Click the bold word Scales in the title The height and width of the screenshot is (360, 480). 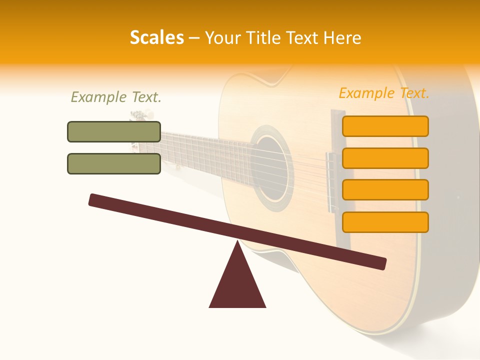156,37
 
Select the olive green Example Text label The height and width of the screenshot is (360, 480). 116,97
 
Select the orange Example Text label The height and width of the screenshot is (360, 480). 384,93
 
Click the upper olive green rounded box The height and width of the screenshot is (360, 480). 114,131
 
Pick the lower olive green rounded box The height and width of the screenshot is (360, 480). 114,163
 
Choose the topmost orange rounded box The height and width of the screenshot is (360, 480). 385,126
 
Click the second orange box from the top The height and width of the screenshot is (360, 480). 385,158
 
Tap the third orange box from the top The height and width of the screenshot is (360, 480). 385,189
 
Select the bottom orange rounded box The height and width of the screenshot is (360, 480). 385,222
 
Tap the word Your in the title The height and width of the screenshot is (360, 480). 222,37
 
